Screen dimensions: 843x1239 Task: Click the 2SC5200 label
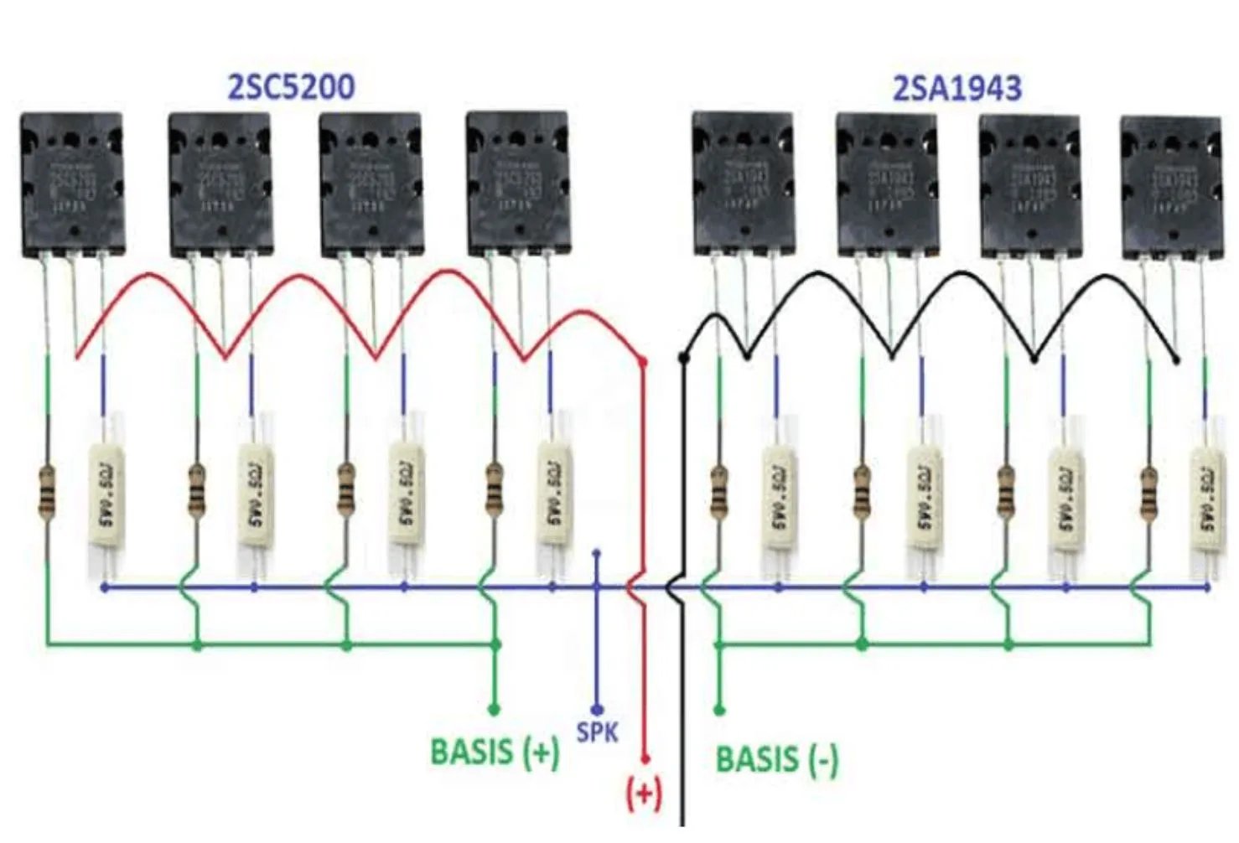coord(291,87)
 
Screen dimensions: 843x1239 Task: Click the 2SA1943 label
coord(956,89)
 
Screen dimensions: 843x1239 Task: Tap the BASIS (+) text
coord(495,752)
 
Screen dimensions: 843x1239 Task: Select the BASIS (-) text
coord(776,760)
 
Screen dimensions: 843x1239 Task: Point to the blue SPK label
coord(597,732)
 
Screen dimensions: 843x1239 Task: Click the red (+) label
coord(644,793)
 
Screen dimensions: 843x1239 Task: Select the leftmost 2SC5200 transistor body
coord(72,184)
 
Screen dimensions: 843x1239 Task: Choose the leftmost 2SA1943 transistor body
coord(744,184)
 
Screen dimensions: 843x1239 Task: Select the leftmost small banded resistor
coord(47,492)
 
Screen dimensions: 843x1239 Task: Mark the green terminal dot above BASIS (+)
coord(494,710)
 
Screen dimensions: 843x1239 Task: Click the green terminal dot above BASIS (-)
coord(718,710)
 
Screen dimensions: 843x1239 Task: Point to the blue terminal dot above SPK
coord(597,710)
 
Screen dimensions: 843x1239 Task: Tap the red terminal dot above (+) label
coord(645,758)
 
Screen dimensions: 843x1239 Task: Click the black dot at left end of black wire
coord(683,359)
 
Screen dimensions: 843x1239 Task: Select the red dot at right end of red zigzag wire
coord(642,362)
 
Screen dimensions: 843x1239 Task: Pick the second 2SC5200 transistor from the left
coord(220,184)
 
